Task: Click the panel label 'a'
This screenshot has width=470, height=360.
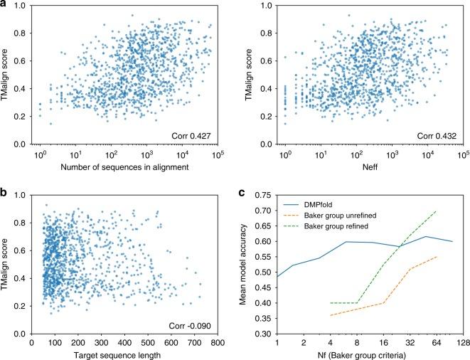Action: (x=4, y=5)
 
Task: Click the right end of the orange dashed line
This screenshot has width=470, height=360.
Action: (x=436, y=257)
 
